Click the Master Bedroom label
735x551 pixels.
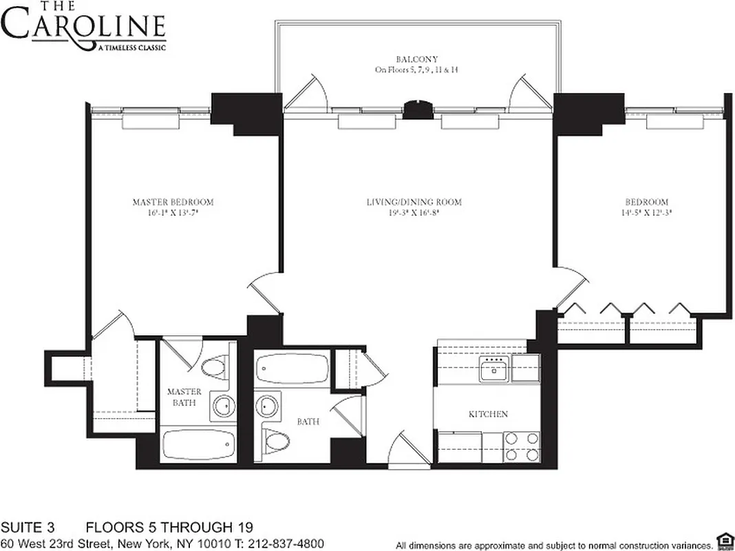(173, 202)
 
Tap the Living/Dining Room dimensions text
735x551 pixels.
(413, 214)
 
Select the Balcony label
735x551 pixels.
(416, 60)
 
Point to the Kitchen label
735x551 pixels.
(488, 414)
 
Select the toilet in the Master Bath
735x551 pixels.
(218, 368)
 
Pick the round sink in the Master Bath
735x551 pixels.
(222, 406)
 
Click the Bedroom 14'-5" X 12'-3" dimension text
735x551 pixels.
(647, 214)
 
